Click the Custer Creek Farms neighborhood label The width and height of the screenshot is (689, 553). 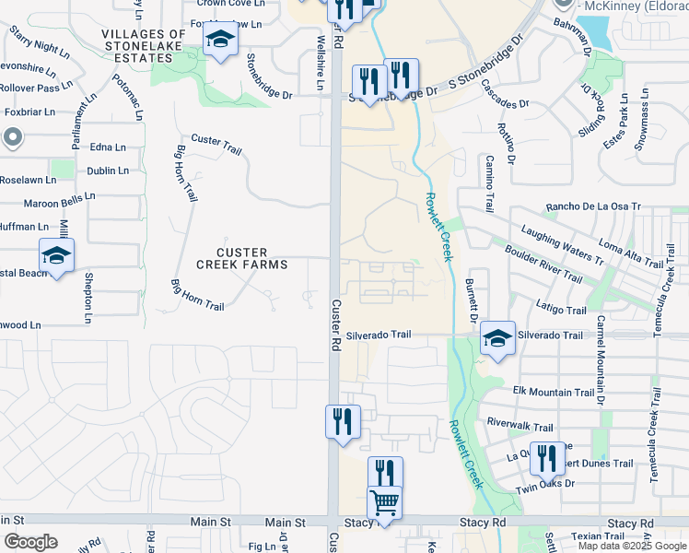point(242,258)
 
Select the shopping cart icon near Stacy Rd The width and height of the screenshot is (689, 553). point(383,503)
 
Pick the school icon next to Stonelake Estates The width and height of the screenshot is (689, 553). point(220,40)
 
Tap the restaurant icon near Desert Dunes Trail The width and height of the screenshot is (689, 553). point(547,458)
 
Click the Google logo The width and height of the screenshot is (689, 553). point(29,542)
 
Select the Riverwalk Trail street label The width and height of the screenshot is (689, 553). point(520,427)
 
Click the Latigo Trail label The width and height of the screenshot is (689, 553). point(561,311)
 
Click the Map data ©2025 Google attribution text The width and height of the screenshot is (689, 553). point(633,546)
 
